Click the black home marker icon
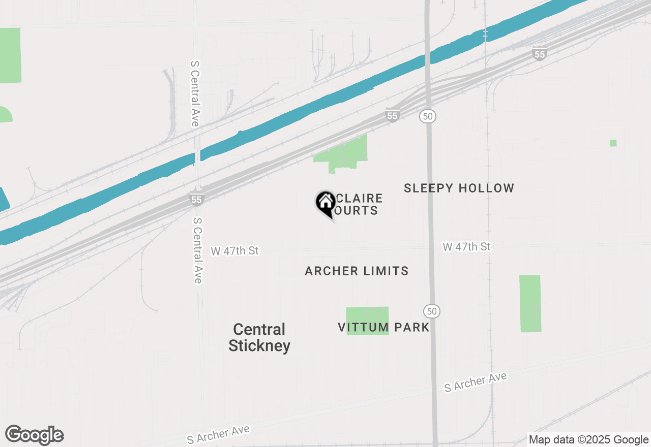[x=325, y=203]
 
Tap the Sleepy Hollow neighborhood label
[x=459, y=188]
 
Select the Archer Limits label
[x=357, y=271]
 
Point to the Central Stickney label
[x=259, y=338]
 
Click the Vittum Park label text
[x=384, y=327]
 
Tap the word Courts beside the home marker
[x=359, y=210]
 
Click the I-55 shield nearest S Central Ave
[x=197, y=199]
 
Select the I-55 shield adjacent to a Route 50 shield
[x=392, y=116]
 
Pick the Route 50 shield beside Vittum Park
[x=432, y=311]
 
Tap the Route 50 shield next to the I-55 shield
[x=428, y=116]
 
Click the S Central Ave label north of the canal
[x=194, y=93]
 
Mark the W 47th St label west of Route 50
[x=235, y=251]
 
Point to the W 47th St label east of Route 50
[x=466, y=247]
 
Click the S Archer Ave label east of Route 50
[x=476, y=382]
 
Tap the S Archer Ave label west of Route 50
[x=218, y=435]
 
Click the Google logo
[x=35, y=435]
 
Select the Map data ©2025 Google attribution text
[x=588, y=440]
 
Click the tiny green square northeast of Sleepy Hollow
[x=613, y=143]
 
